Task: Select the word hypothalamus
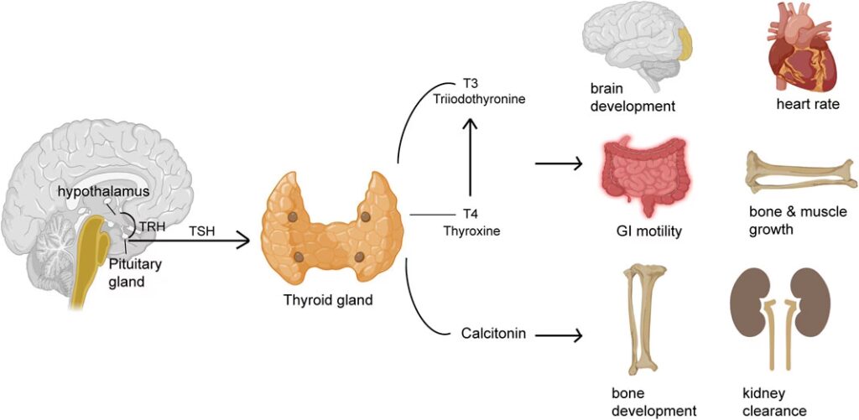point(97,192)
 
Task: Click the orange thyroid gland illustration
point(326,222)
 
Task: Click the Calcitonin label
point(493,334)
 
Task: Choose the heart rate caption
point(807,105)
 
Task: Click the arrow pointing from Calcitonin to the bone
point(559,336)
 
